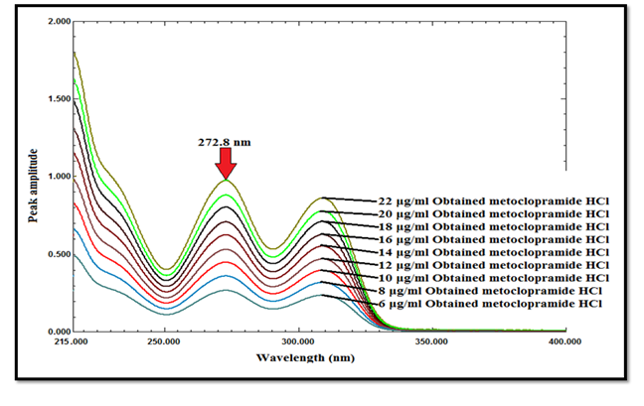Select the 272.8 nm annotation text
pyautogui.click(x=225, y=142)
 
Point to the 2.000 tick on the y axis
pyautogui.click(x=58, y=21)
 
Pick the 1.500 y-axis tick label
pyautogui.click(x=58, y=98)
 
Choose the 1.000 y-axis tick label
pyautogui.click(x=58, y=176)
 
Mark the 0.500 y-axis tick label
pyautogui.click(x=58, y=254)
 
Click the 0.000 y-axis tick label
pyautogui.click(x=58, y=332)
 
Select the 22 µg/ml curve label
pyautogui.click(x=493, y=201)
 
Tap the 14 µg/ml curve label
pyautogui.click(x=493, y=252)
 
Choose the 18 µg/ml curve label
pyautogui.click(x=493, y=226)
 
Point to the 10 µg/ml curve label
pyautogui.click(x=493, y=278)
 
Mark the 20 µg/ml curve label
pyautogui.click(x=493, y=213)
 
